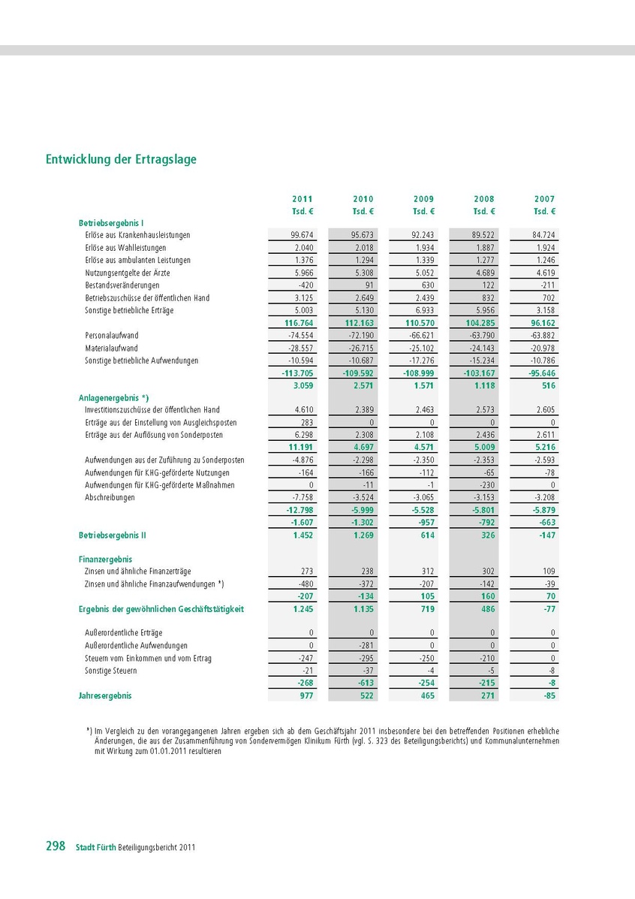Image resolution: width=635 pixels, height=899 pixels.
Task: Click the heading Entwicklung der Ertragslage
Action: click(x=122, y=159)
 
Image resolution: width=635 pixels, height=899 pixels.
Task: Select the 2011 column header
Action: click(x=302, y=199)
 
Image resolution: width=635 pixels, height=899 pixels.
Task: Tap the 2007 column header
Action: click(x=545, y=199)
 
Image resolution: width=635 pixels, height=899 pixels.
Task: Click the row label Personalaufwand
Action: click(x=112, y=336)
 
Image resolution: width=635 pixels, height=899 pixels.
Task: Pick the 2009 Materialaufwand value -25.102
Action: click(x=420, y=348)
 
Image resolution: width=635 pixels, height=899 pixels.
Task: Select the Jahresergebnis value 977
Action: click(x=305, y=695)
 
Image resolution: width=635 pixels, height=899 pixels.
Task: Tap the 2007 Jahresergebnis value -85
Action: click(x=548, y=695)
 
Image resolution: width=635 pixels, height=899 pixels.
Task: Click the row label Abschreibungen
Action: click(x=110, y=497)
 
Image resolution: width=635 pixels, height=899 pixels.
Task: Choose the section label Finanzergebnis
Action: click(x=105, y=560)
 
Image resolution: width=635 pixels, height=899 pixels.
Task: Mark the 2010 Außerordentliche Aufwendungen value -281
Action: click(x=366, y=646)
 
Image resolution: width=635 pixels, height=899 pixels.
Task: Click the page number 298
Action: click(x=56, y=846)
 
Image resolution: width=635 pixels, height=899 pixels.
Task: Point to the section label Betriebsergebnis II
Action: click(x=112, y=535)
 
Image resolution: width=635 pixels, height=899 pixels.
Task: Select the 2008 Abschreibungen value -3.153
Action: click(x=480, y=497)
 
